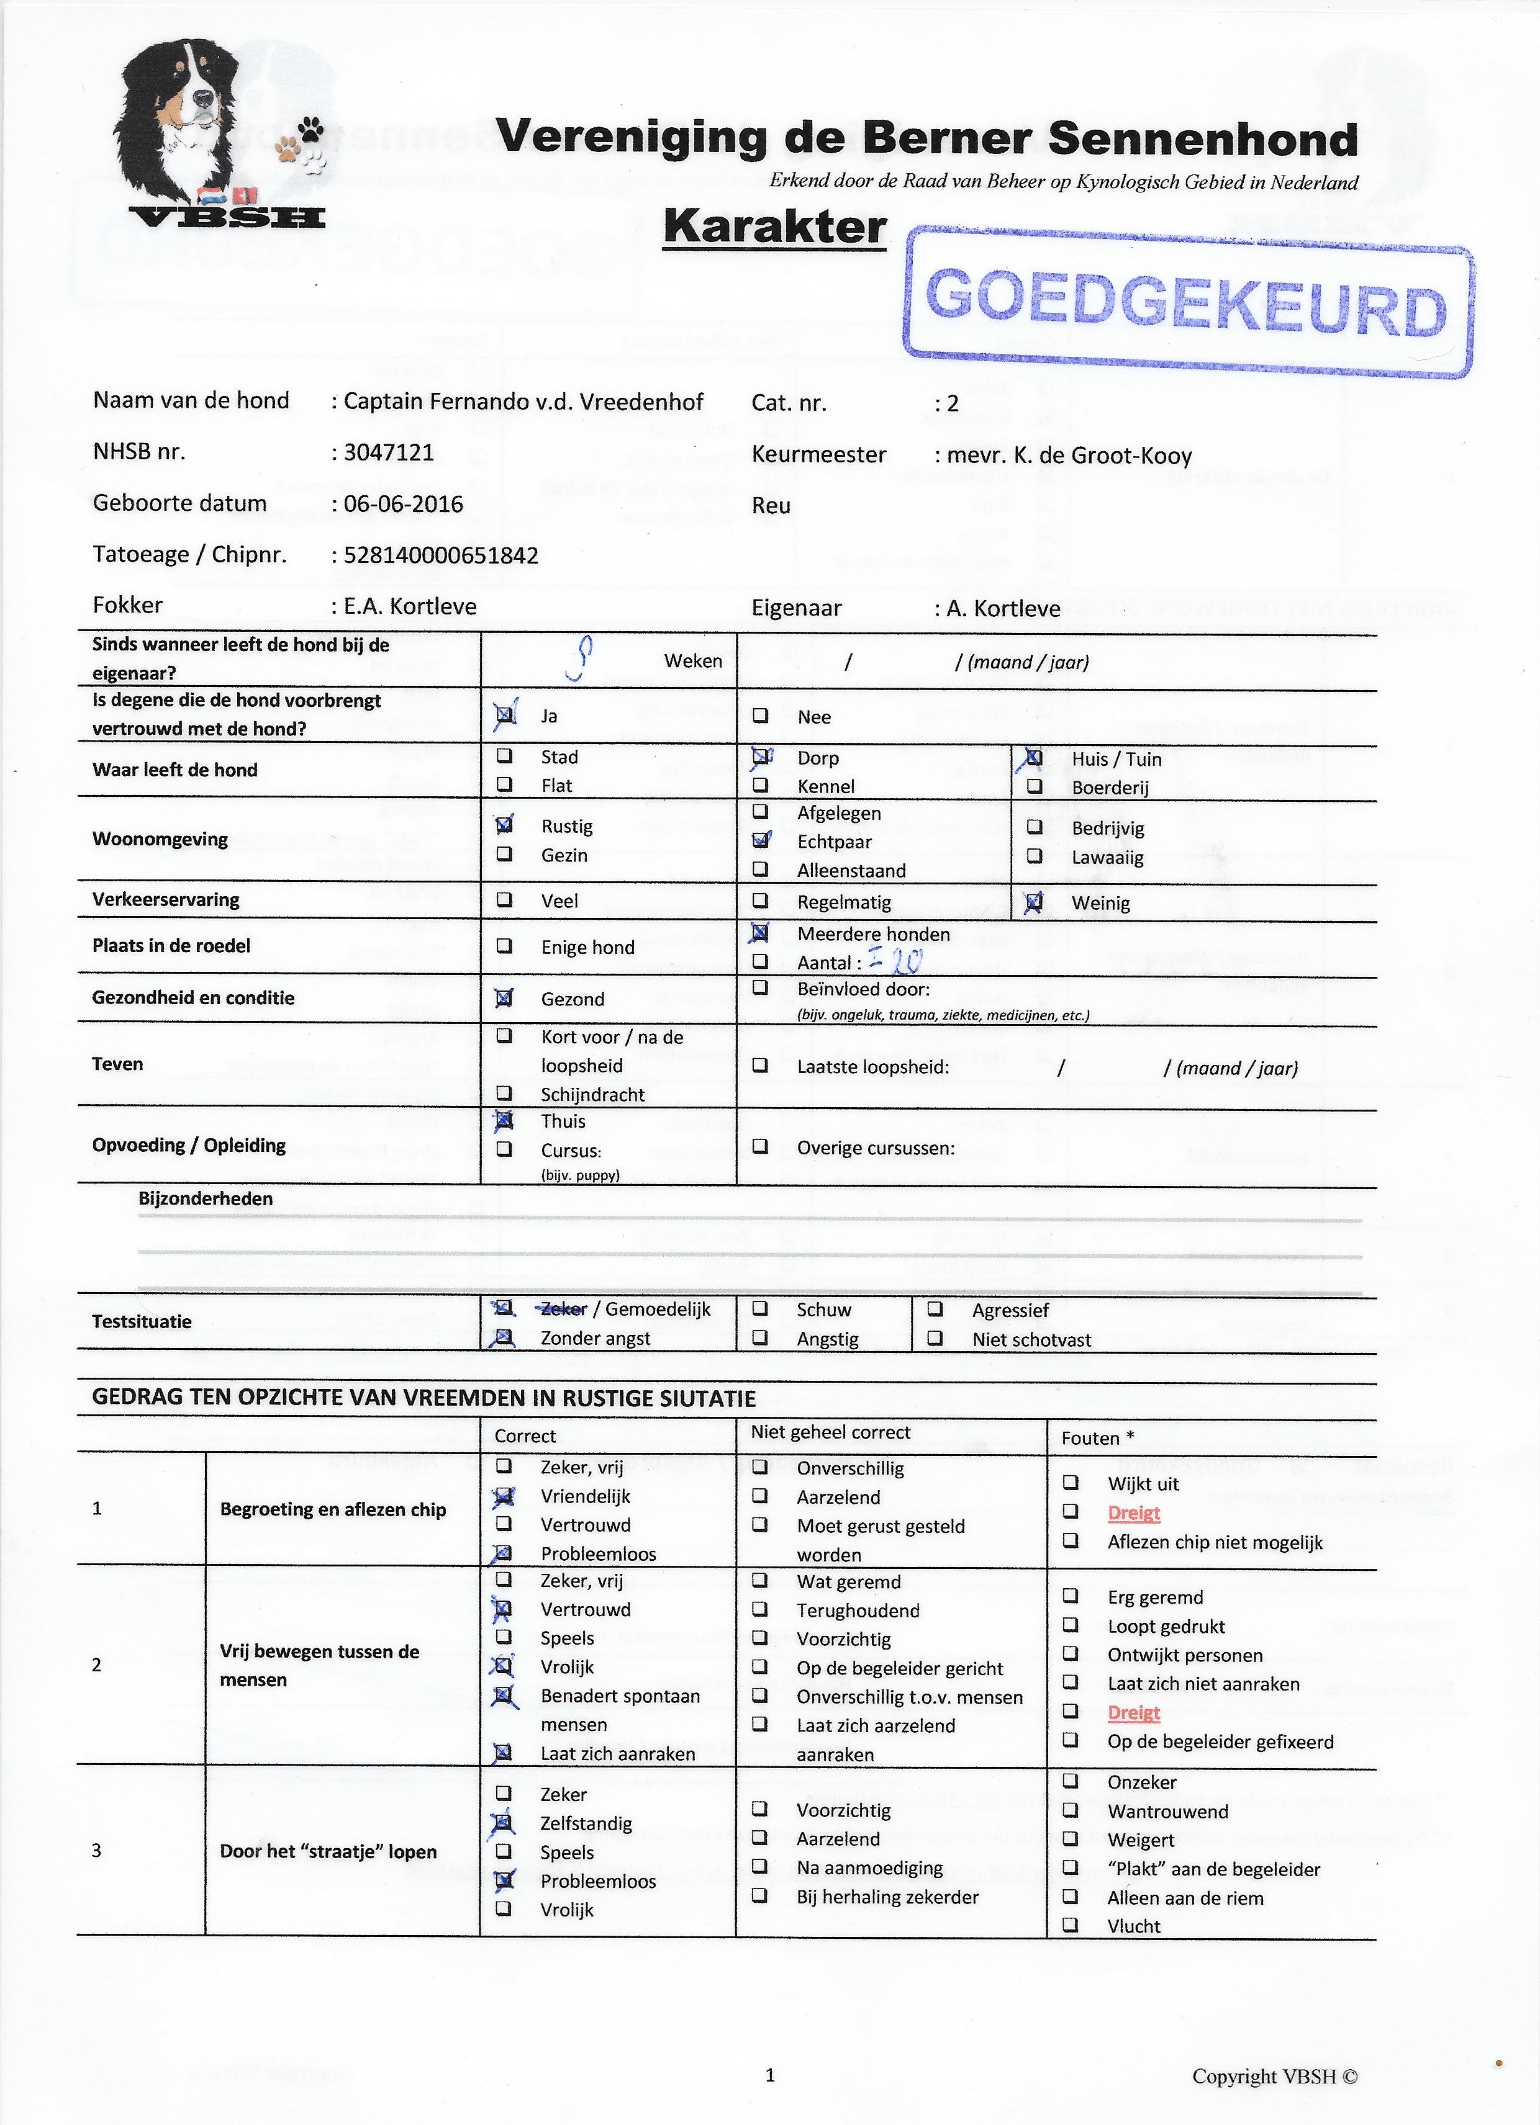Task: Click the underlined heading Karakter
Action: (x=774, y=228)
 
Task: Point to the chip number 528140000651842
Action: (x=440, y=555)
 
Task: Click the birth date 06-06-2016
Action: (x=403, y=504)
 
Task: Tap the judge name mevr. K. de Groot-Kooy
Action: (x=1069, y=456)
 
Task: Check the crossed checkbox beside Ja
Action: (x=504, y=716)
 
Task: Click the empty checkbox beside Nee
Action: (x=760, y=716)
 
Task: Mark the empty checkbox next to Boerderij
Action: (x=1034, y=787)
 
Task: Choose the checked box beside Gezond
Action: (x=504, y=998)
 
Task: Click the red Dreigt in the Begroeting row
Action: (x=1134, y=1513)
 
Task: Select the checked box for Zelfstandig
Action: (x=504, y=1822)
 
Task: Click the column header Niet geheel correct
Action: (x=830, y=1432)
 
